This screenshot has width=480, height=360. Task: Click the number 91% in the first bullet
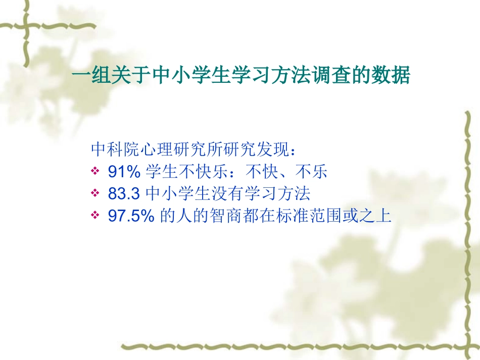(x=124, y=173)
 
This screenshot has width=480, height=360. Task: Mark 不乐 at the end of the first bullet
(x=313, y=173)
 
